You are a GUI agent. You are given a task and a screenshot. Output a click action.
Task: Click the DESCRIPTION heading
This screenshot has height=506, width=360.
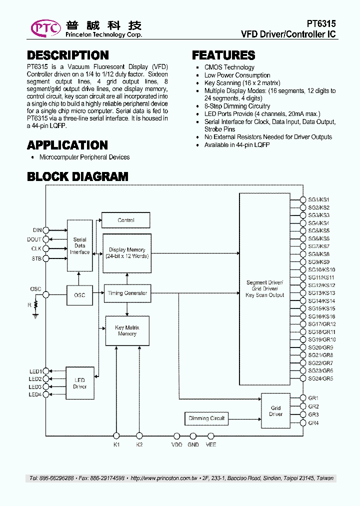(67, 55)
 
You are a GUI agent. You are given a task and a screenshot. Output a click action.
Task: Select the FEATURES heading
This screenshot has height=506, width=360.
(223, 55)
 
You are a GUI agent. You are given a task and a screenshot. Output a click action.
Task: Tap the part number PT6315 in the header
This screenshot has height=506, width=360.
(321, 23)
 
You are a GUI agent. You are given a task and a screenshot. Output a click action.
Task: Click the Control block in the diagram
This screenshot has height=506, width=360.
(126, 220)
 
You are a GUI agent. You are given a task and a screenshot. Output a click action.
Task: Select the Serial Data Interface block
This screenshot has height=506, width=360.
(80, 245)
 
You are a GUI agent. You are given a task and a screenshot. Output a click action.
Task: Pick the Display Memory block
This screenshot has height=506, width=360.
(127, 253)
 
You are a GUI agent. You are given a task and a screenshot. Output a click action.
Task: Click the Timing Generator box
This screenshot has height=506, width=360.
(127, 293)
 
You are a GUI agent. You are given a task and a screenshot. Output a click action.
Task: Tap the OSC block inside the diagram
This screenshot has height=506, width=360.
(79, 295)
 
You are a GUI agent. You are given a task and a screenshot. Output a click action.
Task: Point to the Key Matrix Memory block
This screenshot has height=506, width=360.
(127, 330)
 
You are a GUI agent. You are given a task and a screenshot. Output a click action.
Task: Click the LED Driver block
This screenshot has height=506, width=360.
(80, 383)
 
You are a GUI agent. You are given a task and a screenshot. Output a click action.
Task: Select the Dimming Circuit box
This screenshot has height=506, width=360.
(206, 418)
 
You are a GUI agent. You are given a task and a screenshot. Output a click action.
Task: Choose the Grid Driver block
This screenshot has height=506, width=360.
(275, 411)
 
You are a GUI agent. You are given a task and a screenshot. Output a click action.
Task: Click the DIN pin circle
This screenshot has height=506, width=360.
(45, 230)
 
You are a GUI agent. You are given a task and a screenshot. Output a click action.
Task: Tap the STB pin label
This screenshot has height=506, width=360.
(36, 258)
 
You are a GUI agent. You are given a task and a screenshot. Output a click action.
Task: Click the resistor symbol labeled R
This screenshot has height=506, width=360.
(35, 306)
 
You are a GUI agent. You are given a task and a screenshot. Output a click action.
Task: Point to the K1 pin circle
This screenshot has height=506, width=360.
(116, 435)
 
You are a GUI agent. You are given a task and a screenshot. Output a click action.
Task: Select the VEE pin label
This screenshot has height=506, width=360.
(211, 444)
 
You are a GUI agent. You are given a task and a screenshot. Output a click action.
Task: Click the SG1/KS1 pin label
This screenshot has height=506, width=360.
(318, 199)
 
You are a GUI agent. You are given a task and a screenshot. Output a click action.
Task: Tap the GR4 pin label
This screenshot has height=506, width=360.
(313, 423)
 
